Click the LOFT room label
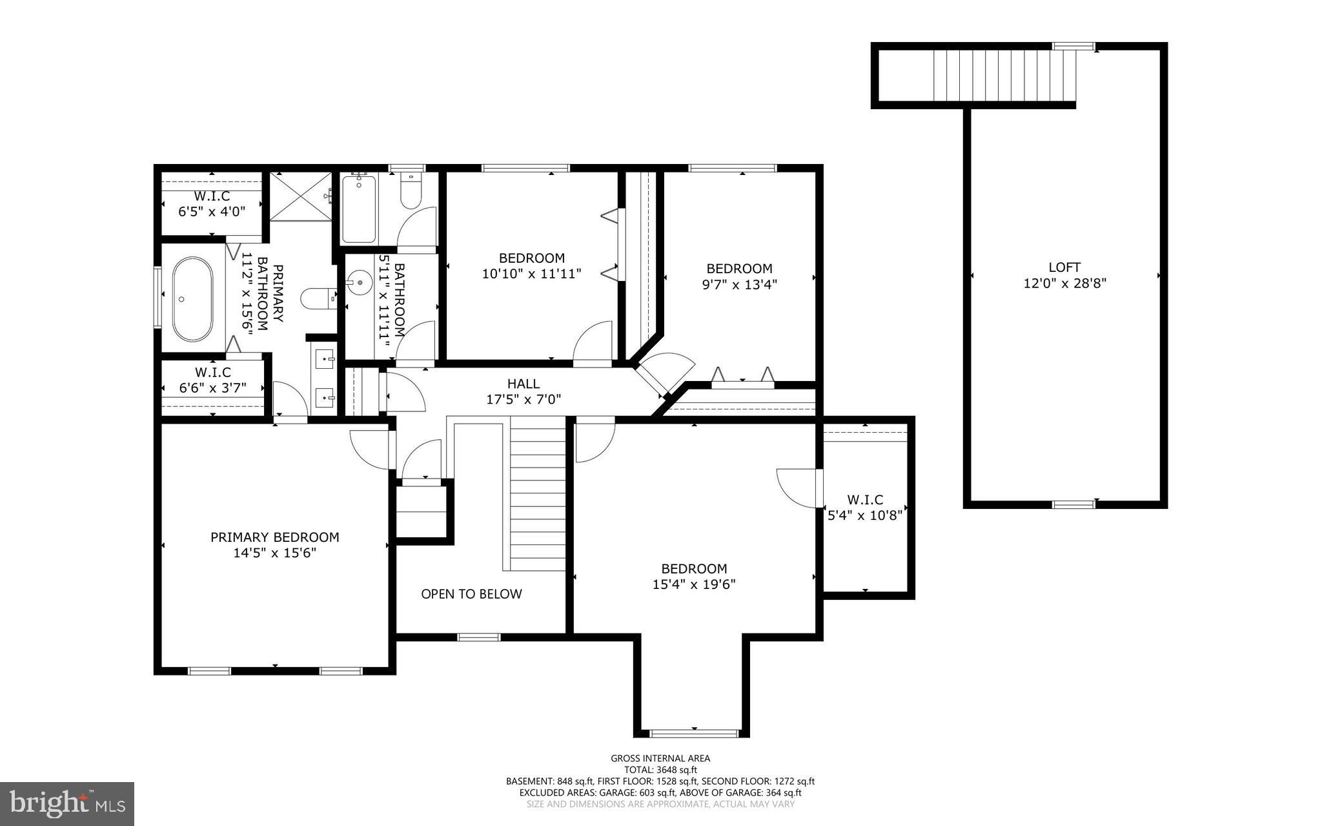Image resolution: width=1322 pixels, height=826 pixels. (x=1064, y=267)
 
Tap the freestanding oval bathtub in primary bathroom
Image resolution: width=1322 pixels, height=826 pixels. (x=192, y=300)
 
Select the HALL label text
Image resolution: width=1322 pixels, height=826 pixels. (x=523, y=384)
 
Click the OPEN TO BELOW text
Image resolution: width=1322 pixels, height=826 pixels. (x=471, y=594)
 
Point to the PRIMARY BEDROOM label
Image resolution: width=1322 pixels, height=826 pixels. (x=274, y=537)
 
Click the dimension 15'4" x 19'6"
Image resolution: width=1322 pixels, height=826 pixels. (x=694, y=584)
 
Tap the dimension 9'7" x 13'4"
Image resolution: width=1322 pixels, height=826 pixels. (x=739, y=284)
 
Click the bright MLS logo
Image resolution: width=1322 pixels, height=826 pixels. (x=67, y=803)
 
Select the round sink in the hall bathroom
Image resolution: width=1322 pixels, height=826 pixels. (x=359, y=283)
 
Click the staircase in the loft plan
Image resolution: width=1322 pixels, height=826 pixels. (x=1004, y=76)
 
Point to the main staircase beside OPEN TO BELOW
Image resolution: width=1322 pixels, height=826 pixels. (x=537, y=494)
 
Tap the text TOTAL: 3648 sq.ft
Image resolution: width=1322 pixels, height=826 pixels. (x=660, y=770)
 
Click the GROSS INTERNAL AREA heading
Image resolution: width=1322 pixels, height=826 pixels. (x=660, y=759)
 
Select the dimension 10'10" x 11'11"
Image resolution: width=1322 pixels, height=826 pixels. (x=531, y=274)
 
